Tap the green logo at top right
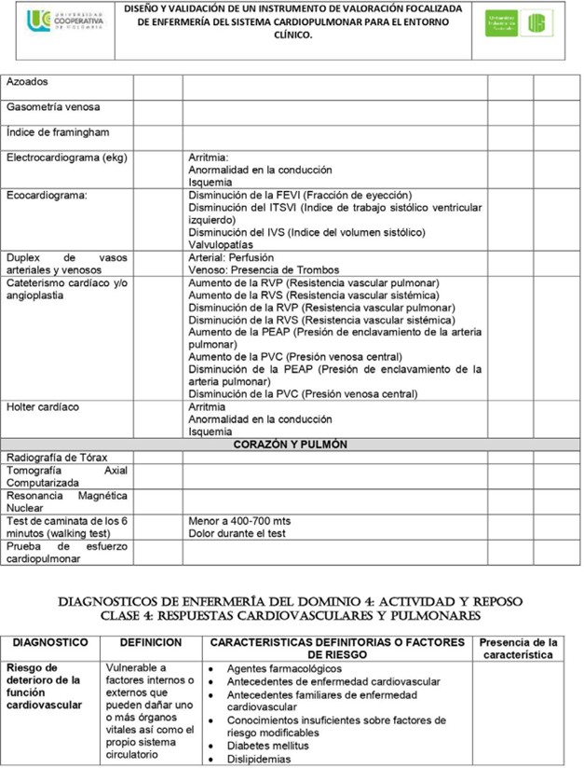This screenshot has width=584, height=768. [518, 23]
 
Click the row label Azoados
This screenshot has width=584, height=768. [28, 83]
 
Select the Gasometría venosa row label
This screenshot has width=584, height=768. [53, 108]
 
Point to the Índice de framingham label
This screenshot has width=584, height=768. [57, 133]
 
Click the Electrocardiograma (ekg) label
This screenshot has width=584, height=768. [66, 158]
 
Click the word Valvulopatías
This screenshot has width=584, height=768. [221, 245]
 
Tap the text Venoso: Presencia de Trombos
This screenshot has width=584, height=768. [264, 270]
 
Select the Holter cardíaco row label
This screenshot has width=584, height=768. [43, 407]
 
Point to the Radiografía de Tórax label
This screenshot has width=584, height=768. [58, 458]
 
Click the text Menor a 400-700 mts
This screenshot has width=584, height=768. [239, 521]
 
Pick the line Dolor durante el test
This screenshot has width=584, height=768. [237, 534]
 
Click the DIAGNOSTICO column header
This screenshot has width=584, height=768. [50, 643]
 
